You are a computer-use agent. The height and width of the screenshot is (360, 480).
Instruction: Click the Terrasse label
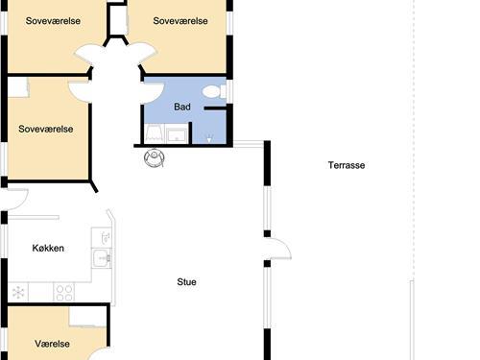347,165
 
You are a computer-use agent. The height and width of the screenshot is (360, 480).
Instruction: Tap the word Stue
186,282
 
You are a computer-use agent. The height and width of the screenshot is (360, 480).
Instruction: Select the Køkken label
48,248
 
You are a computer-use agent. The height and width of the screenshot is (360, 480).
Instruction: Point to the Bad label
182,107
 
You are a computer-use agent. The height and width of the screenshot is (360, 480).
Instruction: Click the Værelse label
52,344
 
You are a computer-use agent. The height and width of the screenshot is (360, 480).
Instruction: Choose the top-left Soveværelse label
53,21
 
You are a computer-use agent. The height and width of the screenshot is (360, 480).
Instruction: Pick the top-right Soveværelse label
180,21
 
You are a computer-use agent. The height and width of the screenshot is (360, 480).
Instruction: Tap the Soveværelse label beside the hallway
46,129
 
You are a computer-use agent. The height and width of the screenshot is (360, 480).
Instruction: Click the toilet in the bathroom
214,92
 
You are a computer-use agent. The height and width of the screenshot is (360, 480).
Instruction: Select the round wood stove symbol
155,157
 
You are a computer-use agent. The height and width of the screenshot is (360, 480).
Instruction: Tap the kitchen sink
102,257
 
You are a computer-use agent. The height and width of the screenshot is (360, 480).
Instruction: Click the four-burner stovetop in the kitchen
64,293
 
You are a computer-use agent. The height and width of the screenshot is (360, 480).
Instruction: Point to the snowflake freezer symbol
18,293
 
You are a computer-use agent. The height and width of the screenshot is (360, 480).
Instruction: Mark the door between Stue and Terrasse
277,248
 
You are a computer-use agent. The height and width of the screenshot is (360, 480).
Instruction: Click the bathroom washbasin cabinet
177,134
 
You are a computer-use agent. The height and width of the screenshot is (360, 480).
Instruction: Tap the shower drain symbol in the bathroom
209,139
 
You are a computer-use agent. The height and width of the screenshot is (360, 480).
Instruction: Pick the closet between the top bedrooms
118,18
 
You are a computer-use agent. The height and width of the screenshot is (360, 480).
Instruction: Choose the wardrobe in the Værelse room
87,317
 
